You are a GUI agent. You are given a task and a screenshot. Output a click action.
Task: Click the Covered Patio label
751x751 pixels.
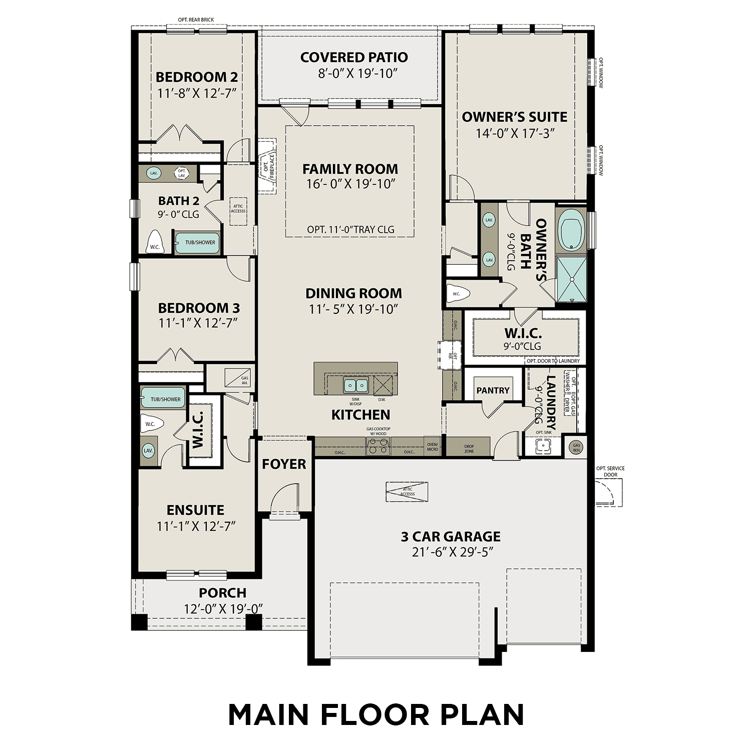tap(354, 57)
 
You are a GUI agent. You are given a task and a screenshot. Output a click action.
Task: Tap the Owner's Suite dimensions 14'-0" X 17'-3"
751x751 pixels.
tap(515, 133)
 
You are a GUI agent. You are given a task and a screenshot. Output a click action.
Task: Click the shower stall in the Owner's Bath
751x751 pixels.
tap(571, 279)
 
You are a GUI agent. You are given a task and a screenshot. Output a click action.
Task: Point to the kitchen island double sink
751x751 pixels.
tap(355, 386)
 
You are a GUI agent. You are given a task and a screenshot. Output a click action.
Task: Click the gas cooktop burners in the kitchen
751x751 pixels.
tap(378, 445)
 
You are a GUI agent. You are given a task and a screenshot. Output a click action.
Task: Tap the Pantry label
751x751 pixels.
tap(493, 391)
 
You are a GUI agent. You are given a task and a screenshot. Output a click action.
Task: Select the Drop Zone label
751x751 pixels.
tap(469, 448)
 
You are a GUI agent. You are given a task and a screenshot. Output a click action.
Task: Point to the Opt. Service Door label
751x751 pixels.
tap(610, 471)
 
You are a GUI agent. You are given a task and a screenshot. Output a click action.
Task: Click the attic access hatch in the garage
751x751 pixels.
tap(407, 492)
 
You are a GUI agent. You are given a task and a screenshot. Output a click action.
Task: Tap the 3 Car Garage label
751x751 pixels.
tap(451, 537)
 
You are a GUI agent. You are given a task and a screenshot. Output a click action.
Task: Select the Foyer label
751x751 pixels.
tap(284, 464)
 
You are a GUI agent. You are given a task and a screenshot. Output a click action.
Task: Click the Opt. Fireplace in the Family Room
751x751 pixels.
tap(267, 166)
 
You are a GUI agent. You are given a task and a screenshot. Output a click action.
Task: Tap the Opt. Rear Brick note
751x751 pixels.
tap(196, 20)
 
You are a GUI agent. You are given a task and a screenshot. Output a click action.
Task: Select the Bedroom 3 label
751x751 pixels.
tap(199, 307)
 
